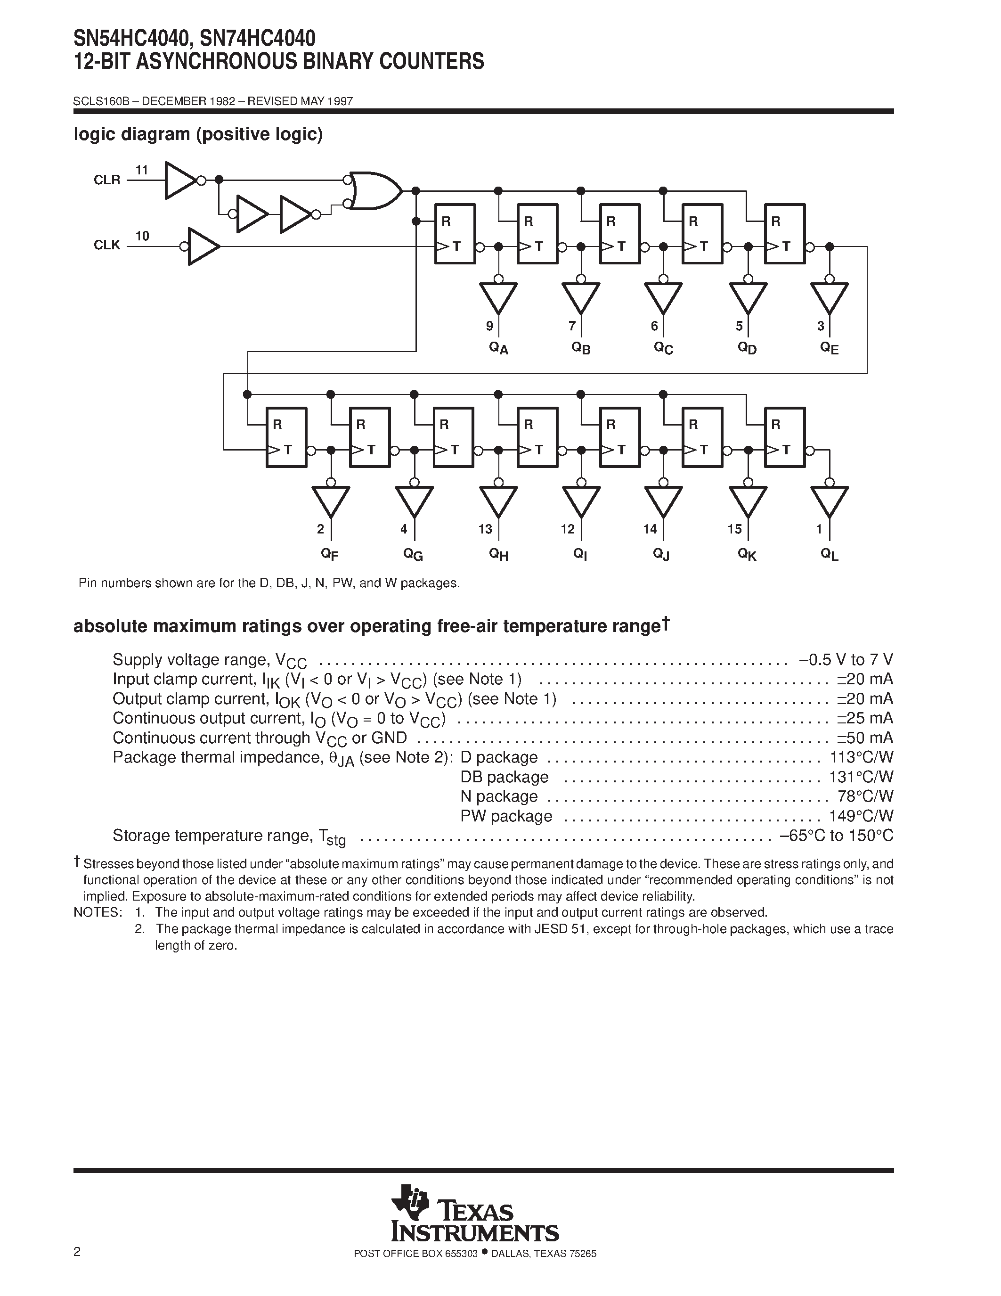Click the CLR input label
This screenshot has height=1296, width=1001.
click(107, 180)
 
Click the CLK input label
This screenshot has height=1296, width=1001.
click(107, 245)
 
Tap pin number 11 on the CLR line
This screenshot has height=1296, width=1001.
click(141, 170)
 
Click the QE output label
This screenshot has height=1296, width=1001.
click(829, 348)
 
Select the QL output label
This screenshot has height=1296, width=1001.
click(829, 554)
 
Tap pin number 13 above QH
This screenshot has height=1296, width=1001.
click(485, 529)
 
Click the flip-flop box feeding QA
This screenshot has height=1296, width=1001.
click(455, 234)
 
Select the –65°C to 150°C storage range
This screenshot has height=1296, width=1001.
click(836, 836)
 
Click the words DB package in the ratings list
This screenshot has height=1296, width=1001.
click(504, 777)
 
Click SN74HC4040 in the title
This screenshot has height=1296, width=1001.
click(257, 40)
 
